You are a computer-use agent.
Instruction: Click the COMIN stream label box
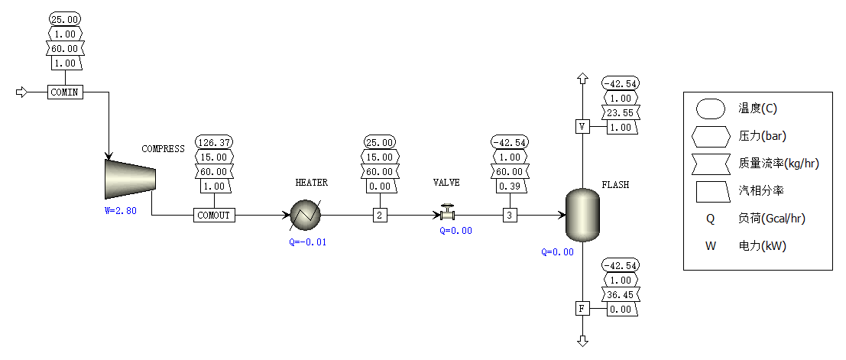65,92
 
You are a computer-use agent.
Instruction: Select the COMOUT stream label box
214,216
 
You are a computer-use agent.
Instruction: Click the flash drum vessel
582,215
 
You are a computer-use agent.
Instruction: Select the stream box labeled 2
380,216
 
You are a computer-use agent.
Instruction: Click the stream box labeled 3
510,216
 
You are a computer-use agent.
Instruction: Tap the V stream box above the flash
582,127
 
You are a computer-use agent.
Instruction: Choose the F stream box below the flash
582,309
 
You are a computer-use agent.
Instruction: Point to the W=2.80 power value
120,211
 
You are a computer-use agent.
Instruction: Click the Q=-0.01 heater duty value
308,242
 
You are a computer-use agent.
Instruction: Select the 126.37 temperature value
215,142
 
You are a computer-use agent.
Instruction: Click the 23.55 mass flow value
621,113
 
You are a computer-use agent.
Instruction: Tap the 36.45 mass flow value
621,295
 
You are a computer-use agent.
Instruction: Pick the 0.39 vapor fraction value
509,186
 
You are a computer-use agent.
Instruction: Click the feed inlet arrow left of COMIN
22,92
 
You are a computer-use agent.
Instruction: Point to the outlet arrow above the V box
582,78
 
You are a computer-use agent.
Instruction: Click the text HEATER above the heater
312,183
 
